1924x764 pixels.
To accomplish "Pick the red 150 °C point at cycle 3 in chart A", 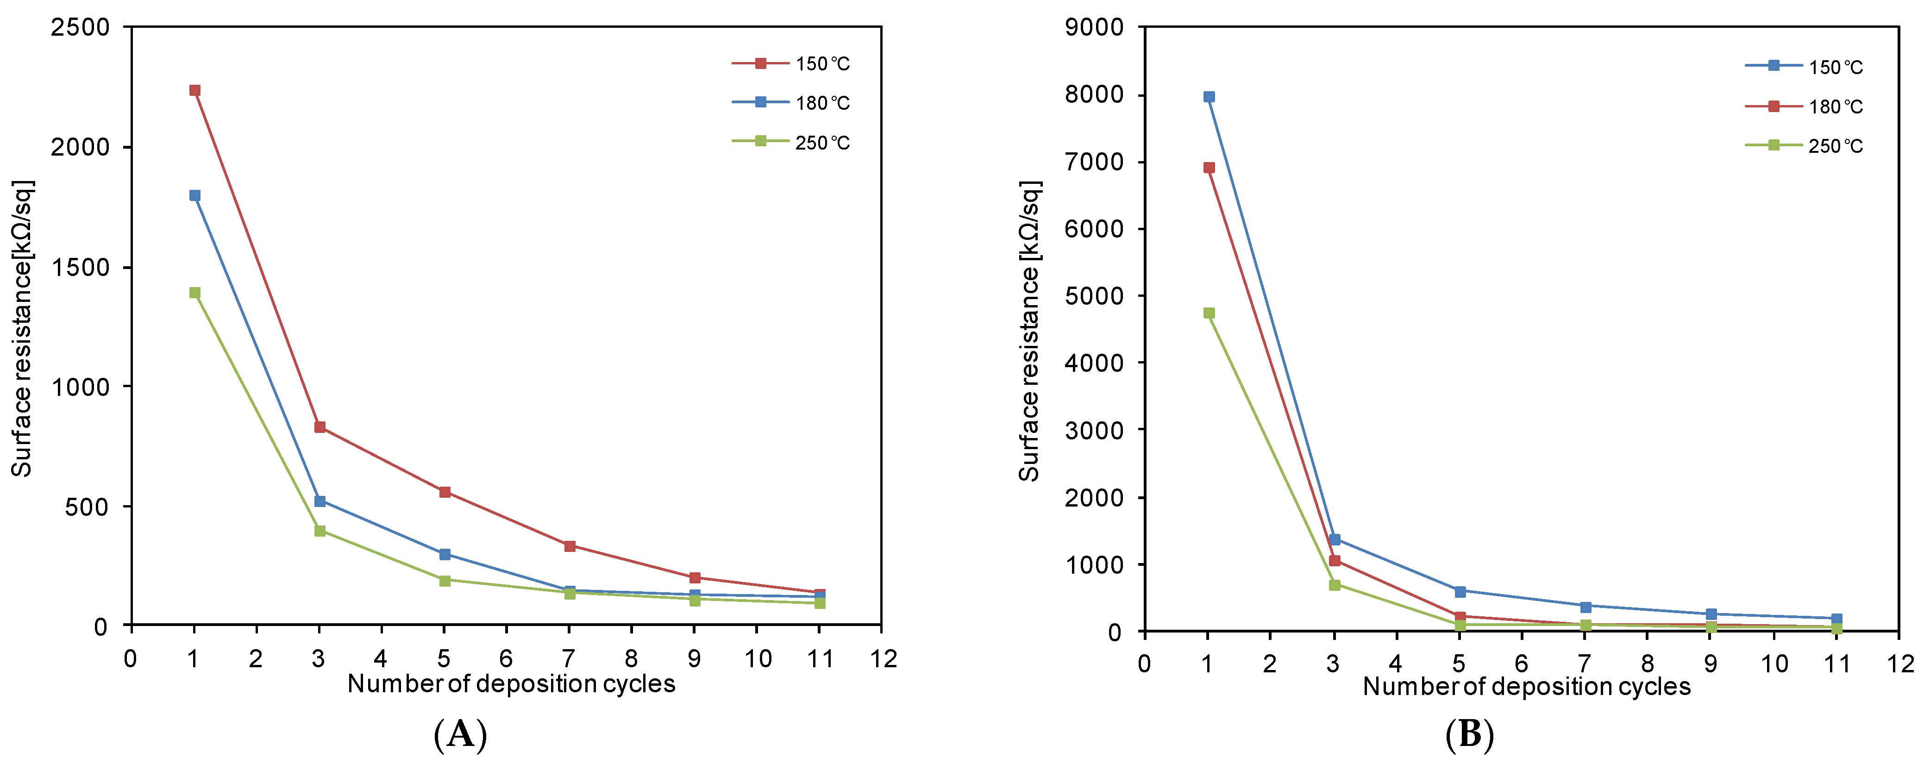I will click(x=320, y=427).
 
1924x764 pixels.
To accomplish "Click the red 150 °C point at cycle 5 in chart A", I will click(x=445, y=492).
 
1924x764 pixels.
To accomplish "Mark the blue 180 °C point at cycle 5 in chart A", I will click(x=445, y=554).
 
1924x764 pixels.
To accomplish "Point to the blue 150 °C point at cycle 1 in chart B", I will click(x=1209, y=97).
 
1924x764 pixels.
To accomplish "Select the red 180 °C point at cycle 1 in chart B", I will click(x=1209, y=168).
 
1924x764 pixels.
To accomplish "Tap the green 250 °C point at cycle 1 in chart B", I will click(x=1209, y=313).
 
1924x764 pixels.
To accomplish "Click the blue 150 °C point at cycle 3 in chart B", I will click(x=1335, y=539).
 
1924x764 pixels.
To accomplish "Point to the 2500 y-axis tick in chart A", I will click(x=80, y=28).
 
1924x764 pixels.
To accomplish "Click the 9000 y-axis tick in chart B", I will click(x=1093, y=28).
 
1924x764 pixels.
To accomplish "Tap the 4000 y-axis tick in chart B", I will click(x=1093, y=363).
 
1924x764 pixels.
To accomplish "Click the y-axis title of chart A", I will click(x=22, y=329).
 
